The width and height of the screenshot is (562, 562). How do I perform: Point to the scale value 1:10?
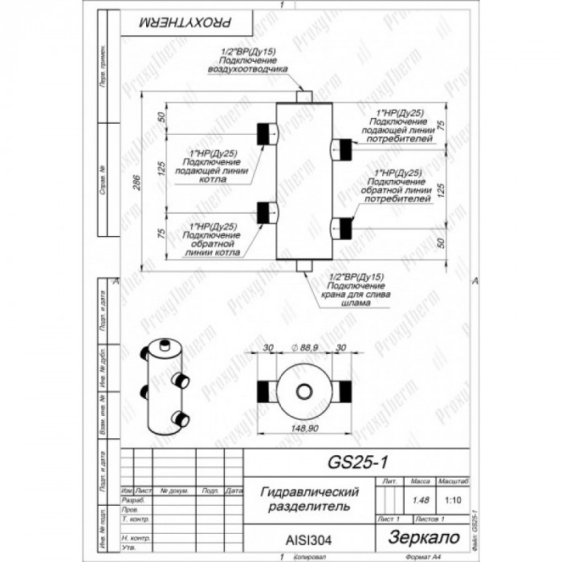point(452,500)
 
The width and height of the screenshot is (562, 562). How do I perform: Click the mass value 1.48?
point(418,500)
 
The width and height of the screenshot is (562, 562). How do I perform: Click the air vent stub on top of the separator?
point(304,96)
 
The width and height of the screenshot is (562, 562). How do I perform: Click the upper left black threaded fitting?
point(264,132)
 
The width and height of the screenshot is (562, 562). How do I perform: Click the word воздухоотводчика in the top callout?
point(248,68)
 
